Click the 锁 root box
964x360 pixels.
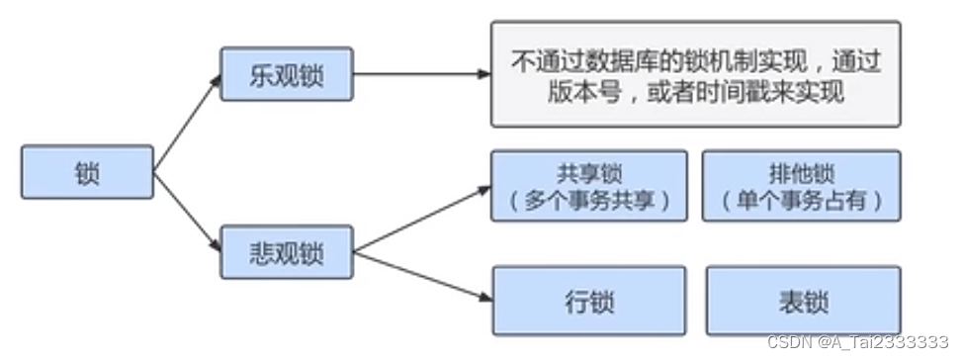(87, 172)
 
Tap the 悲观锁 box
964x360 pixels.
(286, 253)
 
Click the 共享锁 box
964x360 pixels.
(589, 186)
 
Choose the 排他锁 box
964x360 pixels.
(801, 186)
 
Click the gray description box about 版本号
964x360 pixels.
(695, 74)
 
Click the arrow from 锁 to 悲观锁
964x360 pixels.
(187, 213)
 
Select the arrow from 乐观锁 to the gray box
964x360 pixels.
(420, 75)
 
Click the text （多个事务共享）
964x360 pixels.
(589, 201)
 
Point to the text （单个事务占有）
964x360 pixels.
(801, 201)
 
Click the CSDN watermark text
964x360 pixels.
(788, 342)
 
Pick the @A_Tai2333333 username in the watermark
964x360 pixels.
(884, 342)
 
